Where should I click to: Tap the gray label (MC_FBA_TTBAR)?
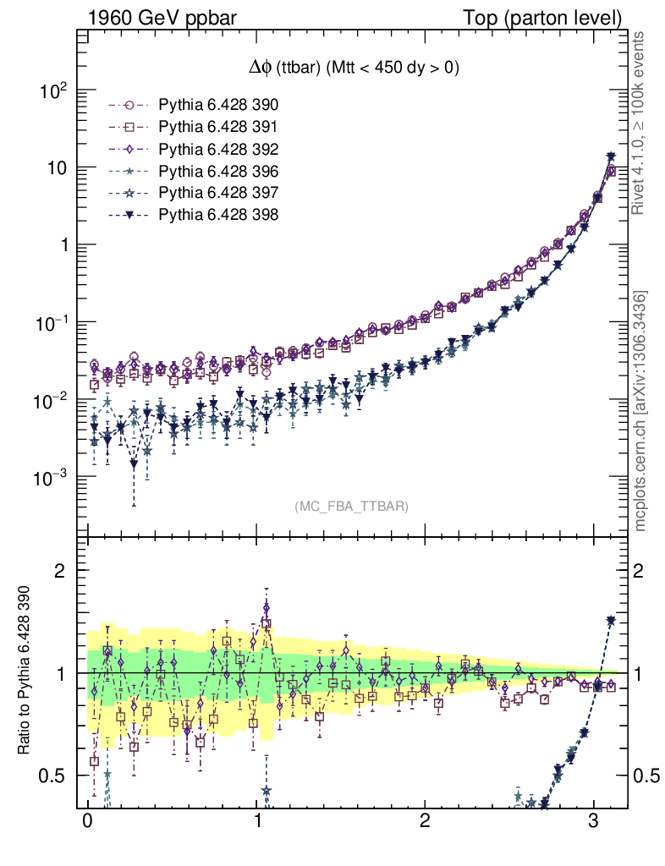point(351,507)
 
